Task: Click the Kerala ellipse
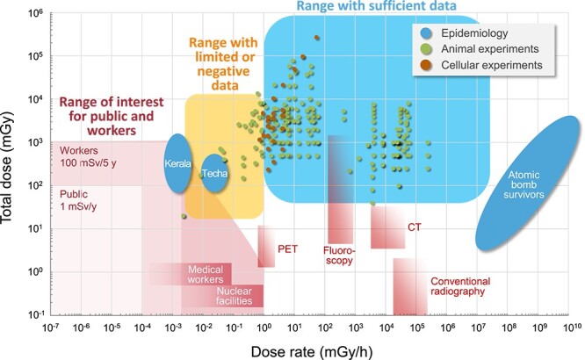pos(177,163)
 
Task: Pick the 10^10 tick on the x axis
pos(570,327)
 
